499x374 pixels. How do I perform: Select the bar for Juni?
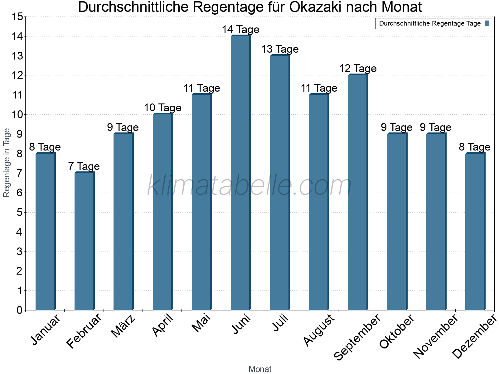240,173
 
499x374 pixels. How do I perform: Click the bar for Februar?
84,241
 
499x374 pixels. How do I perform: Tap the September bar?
358,192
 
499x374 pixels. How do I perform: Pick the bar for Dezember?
475,231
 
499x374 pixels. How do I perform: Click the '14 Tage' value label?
240,30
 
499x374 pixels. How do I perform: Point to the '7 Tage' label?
84,166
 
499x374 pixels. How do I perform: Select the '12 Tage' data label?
358,69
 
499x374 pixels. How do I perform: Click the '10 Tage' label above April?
162,108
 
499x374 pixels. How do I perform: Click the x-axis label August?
319,330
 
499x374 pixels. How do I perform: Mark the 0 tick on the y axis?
19,310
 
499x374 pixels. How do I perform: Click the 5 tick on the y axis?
19,213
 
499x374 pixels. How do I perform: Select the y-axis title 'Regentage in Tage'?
7,163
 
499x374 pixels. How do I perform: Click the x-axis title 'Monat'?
260,369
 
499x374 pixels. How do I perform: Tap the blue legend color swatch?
487,23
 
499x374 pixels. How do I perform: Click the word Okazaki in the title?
319,7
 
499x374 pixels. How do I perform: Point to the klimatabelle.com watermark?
249,185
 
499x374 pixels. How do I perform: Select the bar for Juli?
280,183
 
